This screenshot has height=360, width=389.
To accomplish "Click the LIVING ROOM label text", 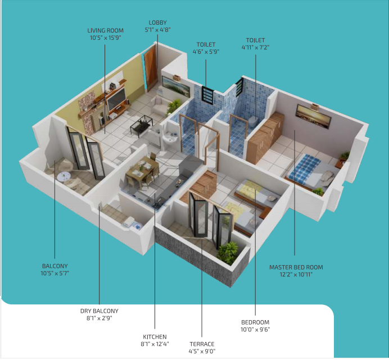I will [x=105, y=30].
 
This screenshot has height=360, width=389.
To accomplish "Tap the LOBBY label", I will [x=157, y=22].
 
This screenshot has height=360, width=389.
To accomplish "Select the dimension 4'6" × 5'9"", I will [x=205, y=51].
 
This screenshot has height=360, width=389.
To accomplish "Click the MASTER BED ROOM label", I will [x=296, y=267].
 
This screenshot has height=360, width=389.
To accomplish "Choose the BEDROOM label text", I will [x=256, y=322].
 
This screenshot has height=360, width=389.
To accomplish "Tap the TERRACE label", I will [x=201, y=344].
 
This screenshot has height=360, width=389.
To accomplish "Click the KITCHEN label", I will [x=155, y=337].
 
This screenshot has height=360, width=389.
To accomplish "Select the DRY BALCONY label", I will [x=99, y=311].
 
